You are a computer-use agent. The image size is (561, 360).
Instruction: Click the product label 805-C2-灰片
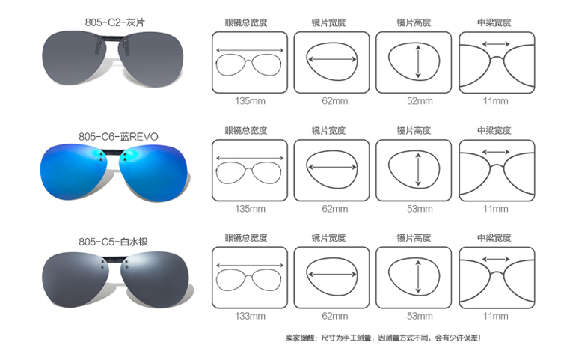[115, 22]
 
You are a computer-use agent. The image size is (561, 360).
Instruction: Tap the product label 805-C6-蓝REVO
[118, 137]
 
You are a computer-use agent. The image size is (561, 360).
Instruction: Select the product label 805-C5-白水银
[113, 242]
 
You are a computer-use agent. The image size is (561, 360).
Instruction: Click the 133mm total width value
[250, 316]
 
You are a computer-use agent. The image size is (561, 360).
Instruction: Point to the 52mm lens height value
[420, 101]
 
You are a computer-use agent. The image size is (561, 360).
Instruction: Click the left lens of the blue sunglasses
[73, 171]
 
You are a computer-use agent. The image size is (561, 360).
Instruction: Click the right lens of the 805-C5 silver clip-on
[156, 278]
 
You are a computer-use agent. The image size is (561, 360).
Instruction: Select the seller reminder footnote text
[383, 338]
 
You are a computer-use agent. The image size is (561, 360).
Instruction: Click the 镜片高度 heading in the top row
[414, 22]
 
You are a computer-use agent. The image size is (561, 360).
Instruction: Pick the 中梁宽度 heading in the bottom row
[494, 237]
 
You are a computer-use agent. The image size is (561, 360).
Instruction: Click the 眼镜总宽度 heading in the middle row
[246, 130]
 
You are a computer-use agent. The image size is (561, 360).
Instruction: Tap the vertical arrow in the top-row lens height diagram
[418, 62]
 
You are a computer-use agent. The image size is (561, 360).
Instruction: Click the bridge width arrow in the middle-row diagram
[496, 152]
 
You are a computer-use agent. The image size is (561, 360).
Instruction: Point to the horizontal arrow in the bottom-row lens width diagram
[332, 275]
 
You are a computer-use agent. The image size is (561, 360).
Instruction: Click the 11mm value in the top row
[495, 101]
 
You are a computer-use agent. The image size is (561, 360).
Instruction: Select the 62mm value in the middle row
[335, 209]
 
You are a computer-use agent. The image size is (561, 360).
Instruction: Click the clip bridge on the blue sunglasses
[113, 152]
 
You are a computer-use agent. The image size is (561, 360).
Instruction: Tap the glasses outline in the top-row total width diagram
[248, 65]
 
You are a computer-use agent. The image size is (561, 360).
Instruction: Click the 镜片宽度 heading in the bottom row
[328, 237]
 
